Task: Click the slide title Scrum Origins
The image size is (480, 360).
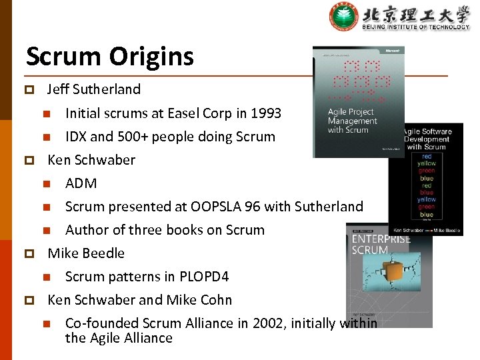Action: [x=110, y=57]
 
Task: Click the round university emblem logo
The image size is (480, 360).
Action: [x=344, y=17]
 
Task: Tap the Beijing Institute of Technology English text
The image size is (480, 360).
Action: [x=416, y=27]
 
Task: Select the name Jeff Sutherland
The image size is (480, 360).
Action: [x=94, y=89]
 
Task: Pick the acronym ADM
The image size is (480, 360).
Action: [x=81, y=183]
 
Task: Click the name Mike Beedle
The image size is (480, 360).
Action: [x=86, y=253]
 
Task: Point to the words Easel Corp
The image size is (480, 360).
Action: [x=192, y=113]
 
